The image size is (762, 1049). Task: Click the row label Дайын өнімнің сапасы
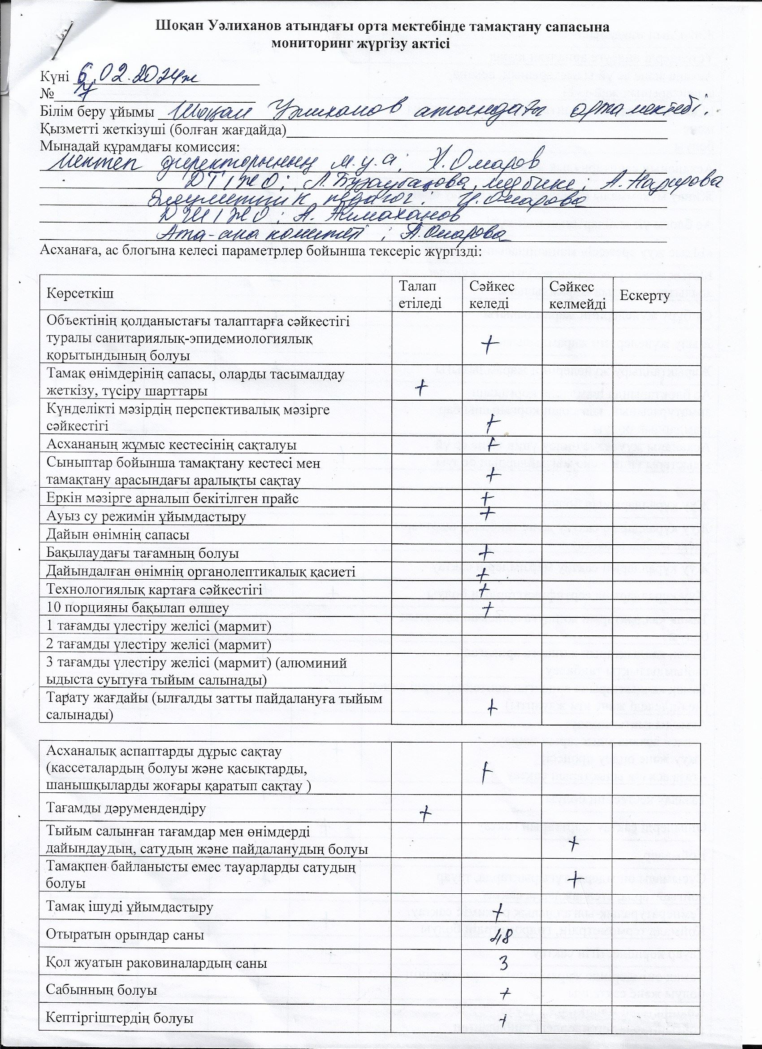118,535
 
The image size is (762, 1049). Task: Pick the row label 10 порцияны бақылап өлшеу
138,608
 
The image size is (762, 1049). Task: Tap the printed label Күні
54,76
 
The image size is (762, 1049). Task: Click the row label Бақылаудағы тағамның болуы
143,553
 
